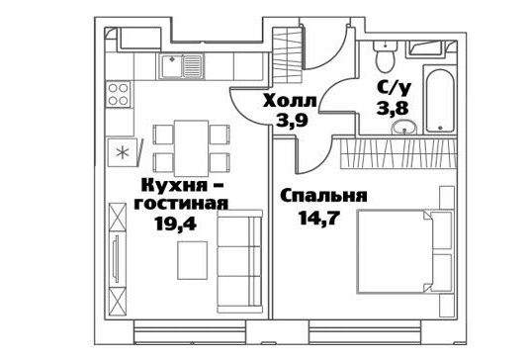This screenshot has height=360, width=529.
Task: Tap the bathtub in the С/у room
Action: pos(439,101)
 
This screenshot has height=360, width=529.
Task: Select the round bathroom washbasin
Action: pos(404,128)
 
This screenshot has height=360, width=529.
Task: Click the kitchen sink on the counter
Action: pos(182,66)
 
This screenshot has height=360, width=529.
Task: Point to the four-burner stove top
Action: pos(118,95)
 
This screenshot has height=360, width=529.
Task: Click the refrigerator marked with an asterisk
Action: pos(123,153)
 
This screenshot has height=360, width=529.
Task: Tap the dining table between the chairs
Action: pos(191,148)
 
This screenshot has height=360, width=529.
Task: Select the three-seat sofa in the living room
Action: pos(239,262)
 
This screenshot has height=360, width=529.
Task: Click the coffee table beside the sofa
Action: pos(192,260)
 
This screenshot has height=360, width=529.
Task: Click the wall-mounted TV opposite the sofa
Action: pos(117,259)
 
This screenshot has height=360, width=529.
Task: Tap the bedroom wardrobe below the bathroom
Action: pos(398,153)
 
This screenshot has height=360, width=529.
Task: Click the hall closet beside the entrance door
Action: pos(288,54)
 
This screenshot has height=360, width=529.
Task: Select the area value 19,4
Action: pos(175,223)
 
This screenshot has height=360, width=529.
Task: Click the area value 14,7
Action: pos(318,218)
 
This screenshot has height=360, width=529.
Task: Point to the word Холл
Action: pos(290,101)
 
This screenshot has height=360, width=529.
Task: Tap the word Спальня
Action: pos(323,197)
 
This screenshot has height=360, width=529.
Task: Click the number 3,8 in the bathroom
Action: pos(393,109)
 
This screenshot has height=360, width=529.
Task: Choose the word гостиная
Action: pos(181,204)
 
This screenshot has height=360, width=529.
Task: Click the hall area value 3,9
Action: pos(292,120)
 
